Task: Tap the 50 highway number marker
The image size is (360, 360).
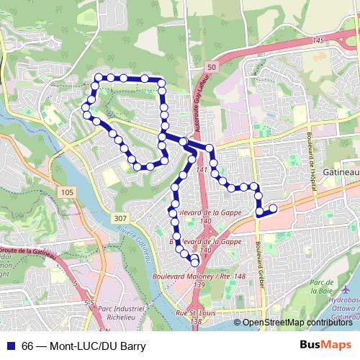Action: [x=210, y=66]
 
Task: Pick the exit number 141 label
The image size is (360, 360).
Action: [x=201, y=171]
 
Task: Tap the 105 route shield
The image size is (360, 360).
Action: [x=67, y=192]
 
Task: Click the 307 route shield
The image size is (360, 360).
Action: [x=121, y=217]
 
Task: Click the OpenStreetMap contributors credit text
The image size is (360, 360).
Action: [x=298, y=323]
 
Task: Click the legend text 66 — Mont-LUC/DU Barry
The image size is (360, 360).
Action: [x=84, y=346]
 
